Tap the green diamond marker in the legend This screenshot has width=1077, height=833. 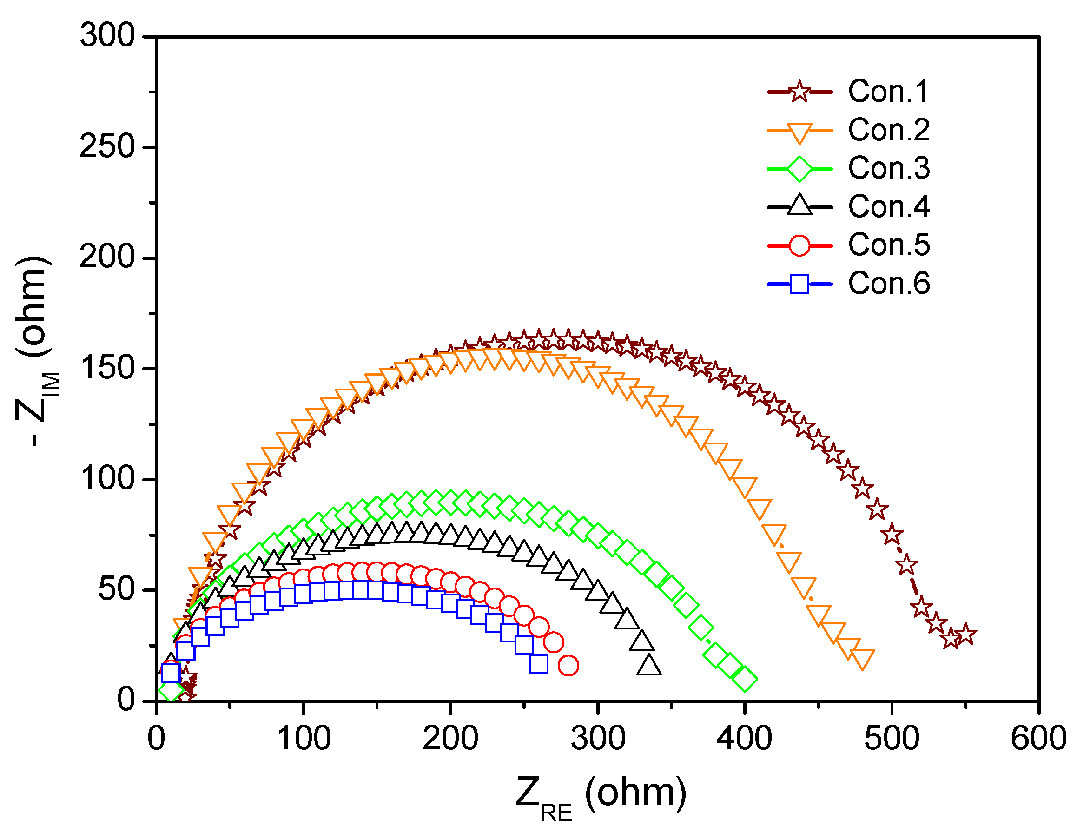[x=799, y=168]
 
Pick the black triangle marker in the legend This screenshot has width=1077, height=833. [x=799, y=206]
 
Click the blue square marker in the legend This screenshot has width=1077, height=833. [x=799, y=284]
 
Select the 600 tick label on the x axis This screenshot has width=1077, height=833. [x=1038, y=738]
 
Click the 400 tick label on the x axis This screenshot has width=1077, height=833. [x=744, y=738]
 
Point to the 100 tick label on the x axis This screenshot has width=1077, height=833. [x=303, y=738]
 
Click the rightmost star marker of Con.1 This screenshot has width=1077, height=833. [x=965, y=634]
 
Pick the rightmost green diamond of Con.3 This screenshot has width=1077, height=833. [x=745, y=679]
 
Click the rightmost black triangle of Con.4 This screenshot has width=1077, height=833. [x=649, y=666]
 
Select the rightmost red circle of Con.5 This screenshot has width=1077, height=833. [x=568, y=665]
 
